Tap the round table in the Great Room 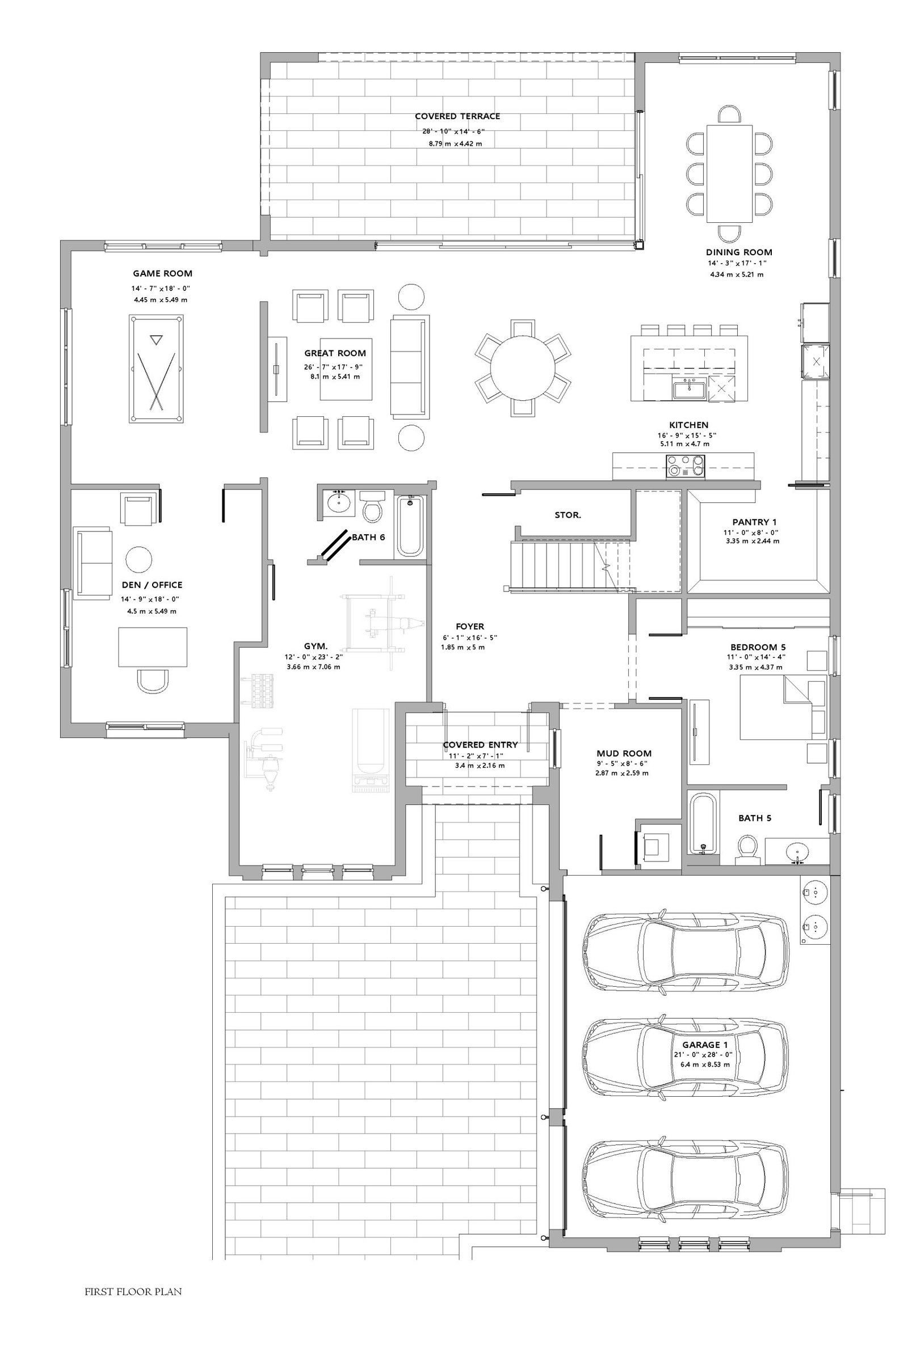pos(522,369)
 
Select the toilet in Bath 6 pos(372,506)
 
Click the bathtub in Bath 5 pos(703,823)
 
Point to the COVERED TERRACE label pos(457,116)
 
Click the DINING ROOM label pos(739,252)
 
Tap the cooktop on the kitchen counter pos(686,466)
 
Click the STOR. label pos(567,515)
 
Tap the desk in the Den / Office pos(153,648)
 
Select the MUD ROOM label pos(624,754)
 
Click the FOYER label pos(470,626)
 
